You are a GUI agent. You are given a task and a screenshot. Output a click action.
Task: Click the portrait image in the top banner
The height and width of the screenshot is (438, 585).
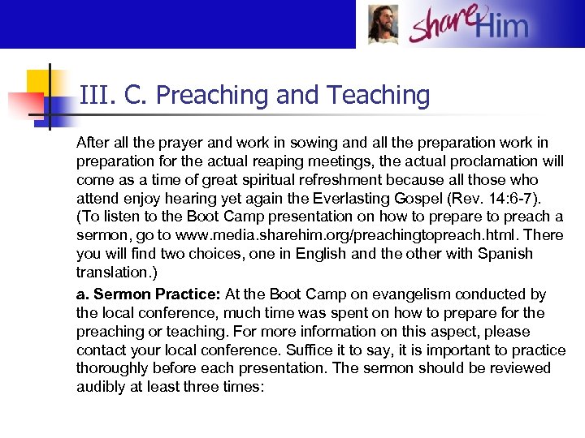(x=383, y=24)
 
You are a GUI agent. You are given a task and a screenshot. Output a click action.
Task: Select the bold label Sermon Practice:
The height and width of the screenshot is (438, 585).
(x=149, y=294)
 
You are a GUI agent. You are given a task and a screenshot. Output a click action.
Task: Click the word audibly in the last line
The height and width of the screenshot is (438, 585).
(x=101, y=387)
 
